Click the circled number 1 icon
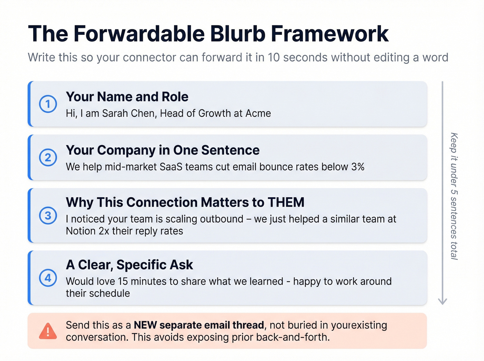(x=48, y=104)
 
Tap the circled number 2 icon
(x=48, y=158)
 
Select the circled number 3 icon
(x=48, y=216)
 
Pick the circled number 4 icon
(x=48, y=278)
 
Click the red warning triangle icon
(x=48, y=331)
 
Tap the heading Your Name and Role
(x=127, y=97)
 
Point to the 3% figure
(x=358, y=167)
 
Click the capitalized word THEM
(x=286, y=202)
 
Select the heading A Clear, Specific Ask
(x=129, y=265)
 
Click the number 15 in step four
(x=123, y=281)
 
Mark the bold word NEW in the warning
(x=145, y=325)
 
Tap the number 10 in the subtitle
(x=273, y=57)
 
